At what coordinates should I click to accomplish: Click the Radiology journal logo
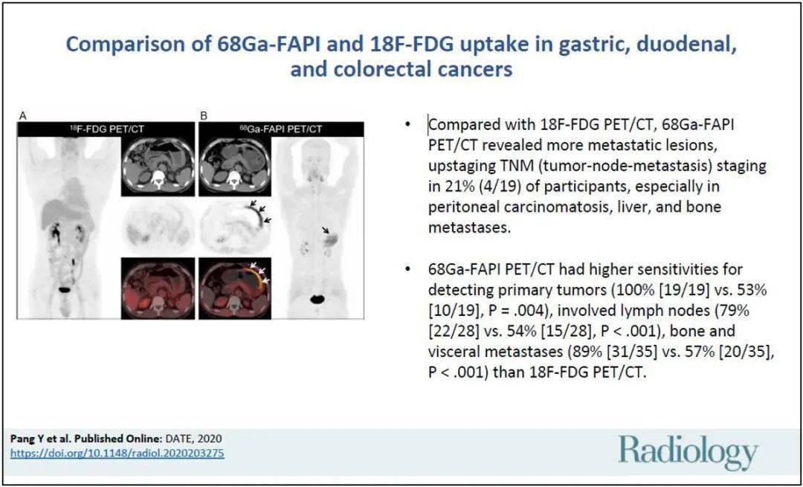pyautogui.click(x=688, y=452)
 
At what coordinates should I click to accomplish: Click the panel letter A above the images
pyautogui.click(x=23, y=115)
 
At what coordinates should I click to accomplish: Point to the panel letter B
pyautogui.click(x=203, y=115)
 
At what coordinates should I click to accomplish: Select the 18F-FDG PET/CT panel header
pyautogui.click(x=104, y=129)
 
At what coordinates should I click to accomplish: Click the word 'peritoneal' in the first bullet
pyautogui.click(x=465, y=206)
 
